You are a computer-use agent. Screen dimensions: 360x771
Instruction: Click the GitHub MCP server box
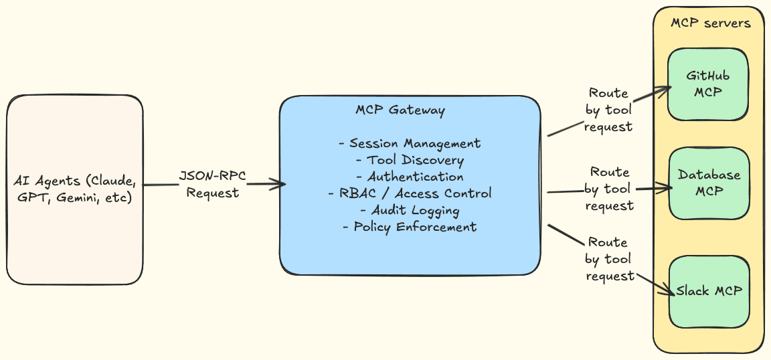(708, 84)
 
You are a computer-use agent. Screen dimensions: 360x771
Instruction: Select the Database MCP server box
(709, 183)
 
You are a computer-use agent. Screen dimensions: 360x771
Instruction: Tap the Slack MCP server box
(709, 291)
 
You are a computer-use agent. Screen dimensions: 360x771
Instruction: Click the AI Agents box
(74, 190)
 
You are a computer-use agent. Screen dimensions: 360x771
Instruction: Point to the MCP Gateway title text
(400, 110)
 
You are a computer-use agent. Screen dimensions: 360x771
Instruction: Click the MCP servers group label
(710, 23)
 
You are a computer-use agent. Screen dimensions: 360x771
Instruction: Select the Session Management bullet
(410, 143)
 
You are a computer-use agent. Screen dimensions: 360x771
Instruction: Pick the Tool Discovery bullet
(410, 160)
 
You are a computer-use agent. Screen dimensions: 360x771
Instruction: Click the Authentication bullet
(410, 177)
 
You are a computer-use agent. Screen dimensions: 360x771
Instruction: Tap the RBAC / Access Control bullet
(410, 193)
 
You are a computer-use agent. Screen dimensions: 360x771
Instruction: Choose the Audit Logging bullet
(410, 210)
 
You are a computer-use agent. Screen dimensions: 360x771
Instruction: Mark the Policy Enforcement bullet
(410, 227)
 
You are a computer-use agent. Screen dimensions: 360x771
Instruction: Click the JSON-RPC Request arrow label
(212, 185)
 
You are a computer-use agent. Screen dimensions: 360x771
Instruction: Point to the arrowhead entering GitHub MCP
(666, 89)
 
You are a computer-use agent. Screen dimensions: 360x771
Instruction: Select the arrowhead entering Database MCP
(667, 189)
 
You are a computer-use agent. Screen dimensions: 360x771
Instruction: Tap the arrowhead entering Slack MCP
(667, 292)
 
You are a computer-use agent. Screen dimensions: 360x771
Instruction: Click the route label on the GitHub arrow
(608, 110)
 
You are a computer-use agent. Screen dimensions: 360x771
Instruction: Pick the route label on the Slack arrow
(608, 259)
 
